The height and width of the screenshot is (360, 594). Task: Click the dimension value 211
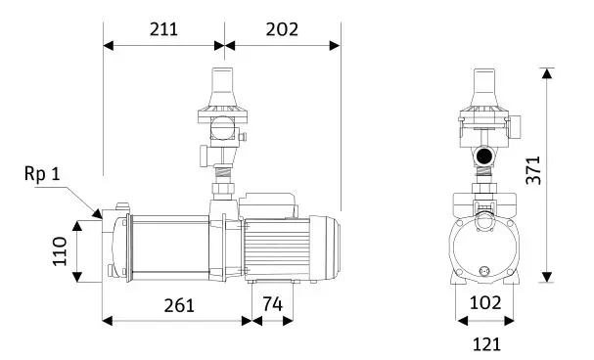click(163, 29)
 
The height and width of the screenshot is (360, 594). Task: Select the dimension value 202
click(282, 29)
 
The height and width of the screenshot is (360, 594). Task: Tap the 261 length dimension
click(179, 305)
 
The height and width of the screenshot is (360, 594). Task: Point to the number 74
click(273, 304)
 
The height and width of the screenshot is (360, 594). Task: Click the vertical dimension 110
click(60, 251)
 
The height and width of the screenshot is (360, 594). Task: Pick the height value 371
click(533, 170)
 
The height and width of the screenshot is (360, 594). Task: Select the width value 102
click(485, 303)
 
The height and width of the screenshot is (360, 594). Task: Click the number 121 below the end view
click(486, 344)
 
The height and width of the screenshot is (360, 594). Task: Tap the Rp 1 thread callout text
click(42, 174)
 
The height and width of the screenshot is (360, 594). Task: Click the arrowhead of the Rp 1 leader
click(98, 214)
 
